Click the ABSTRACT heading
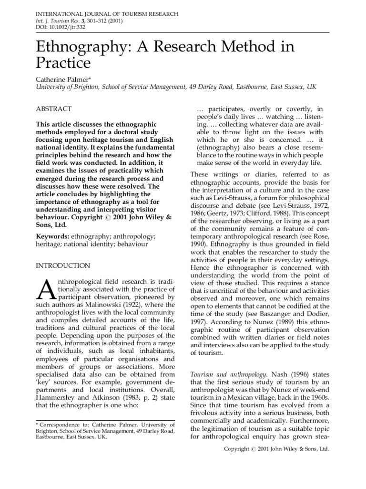tap(54, 109)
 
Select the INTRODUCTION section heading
tap(63, 266)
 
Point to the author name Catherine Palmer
tap(66, 78)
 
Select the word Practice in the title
tap(63, 62)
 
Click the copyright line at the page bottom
tap(276, 449)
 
